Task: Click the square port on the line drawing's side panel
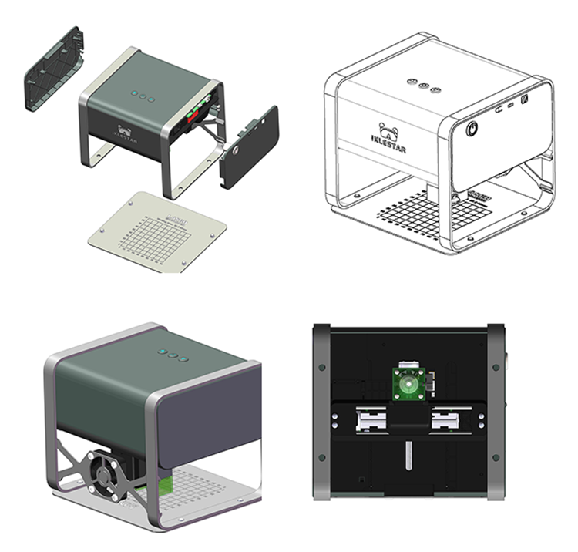coord(524,99)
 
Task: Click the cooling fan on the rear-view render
coord(104,470)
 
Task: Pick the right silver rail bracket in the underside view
coord(449,421)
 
